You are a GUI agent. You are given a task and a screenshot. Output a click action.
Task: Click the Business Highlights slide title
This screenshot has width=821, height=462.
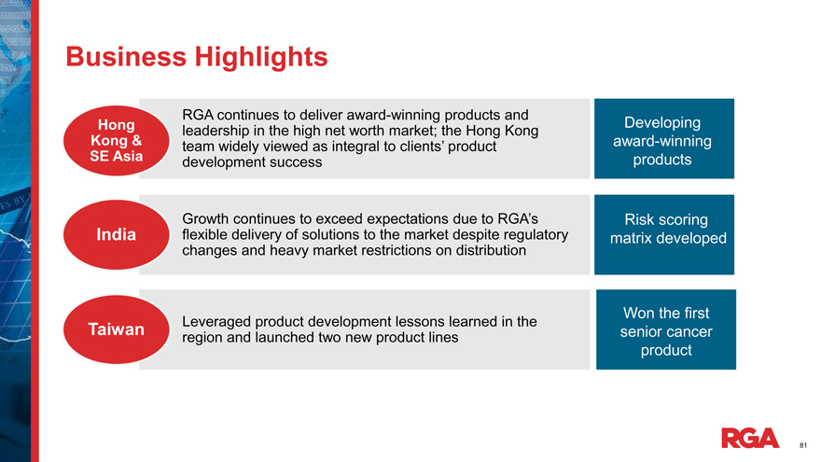tap(196, 57)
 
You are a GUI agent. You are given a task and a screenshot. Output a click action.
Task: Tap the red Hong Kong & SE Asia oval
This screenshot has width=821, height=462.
tap(117, 140)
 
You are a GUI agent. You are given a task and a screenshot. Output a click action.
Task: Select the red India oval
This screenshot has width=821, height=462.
tap(117, 234)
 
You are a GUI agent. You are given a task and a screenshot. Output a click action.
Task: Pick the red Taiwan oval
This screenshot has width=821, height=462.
tap(117, 329)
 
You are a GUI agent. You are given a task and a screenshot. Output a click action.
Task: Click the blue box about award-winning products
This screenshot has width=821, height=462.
tap(664, 139)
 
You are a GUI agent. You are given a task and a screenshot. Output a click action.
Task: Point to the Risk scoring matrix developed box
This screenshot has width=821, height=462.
tap(664, 234)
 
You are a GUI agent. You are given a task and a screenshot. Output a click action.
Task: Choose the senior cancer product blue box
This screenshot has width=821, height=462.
tap(666, 329)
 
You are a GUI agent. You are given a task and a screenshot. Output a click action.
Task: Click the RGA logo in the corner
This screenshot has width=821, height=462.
tap(750, 438)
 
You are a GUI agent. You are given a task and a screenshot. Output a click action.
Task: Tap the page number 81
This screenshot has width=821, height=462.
tap(803, 446)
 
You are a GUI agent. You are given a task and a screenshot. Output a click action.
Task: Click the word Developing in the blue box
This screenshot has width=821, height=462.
tap(662, 123)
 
